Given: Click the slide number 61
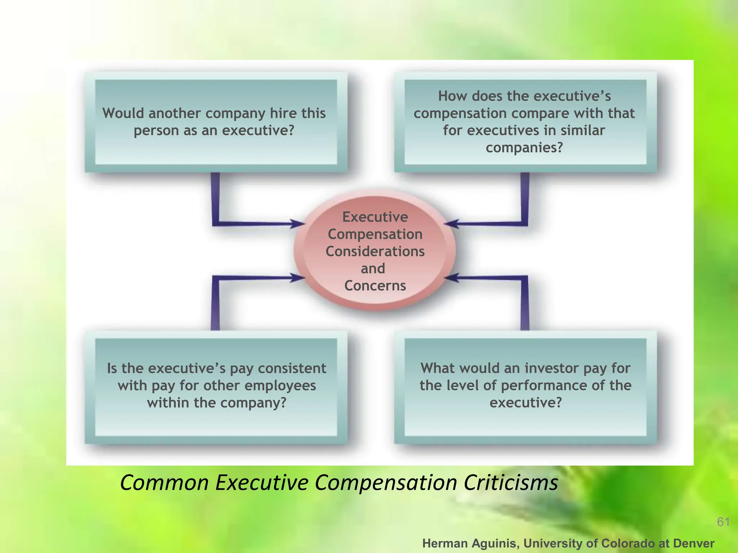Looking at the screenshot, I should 723,522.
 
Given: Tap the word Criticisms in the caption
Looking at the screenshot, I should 511,482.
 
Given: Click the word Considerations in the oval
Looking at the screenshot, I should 375,251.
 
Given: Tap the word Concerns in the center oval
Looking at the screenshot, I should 375,286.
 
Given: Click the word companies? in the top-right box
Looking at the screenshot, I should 524,148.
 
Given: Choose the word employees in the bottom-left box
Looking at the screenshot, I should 280,386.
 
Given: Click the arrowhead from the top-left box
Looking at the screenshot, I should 298,224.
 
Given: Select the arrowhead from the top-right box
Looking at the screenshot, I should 451,224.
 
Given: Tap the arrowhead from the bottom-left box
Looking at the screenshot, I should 298,278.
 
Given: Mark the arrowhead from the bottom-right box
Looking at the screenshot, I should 451,278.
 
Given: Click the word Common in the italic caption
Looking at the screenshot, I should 164,482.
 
